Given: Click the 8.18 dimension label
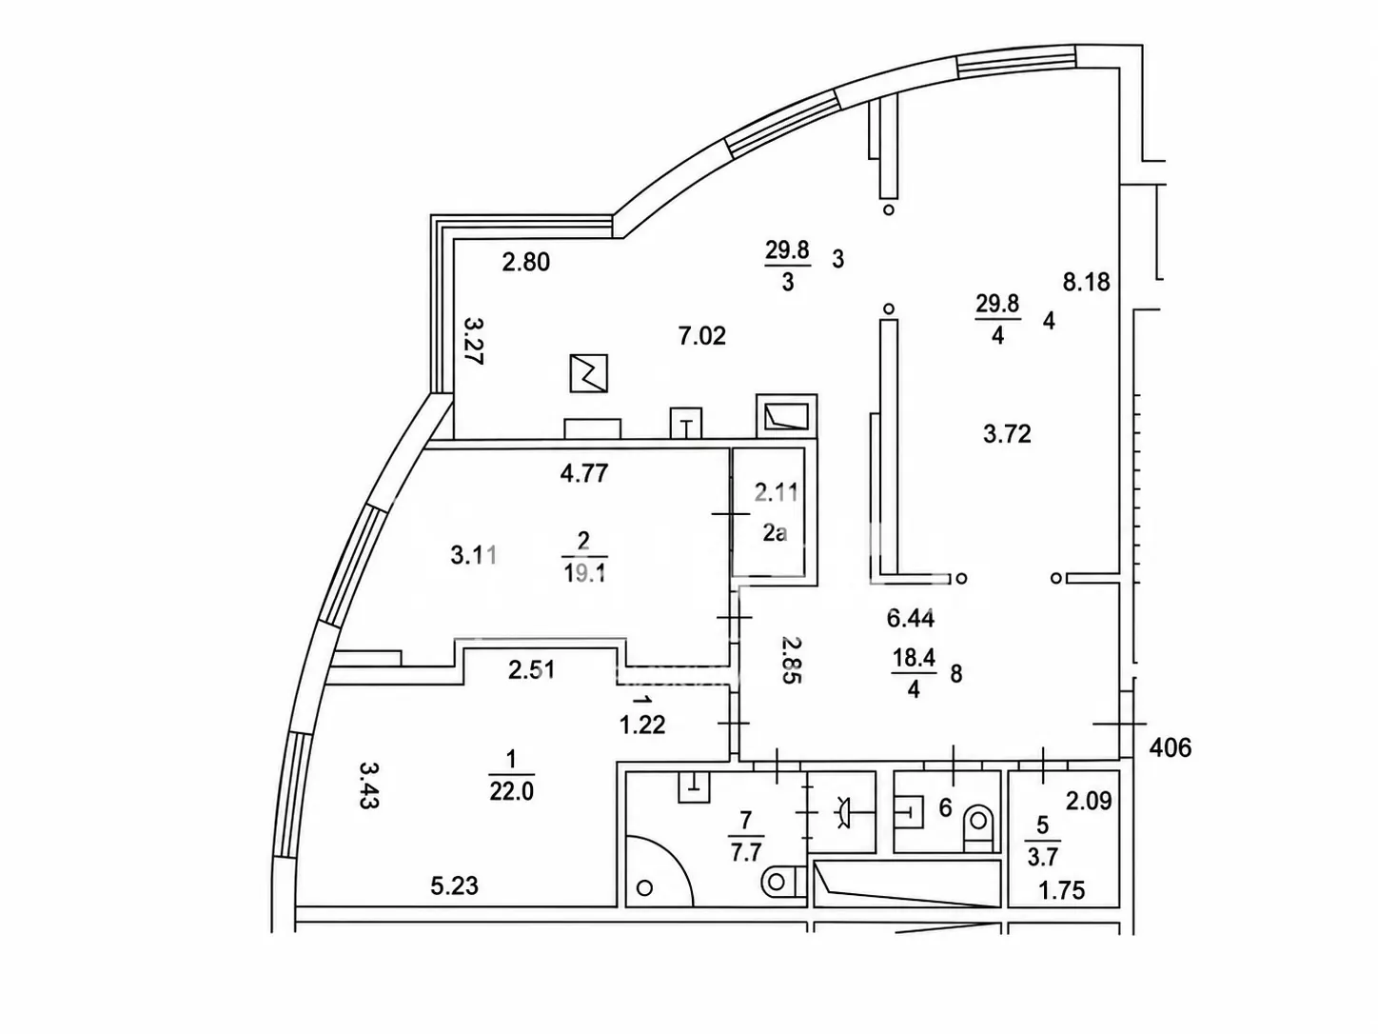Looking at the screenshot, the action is pos(1086,282).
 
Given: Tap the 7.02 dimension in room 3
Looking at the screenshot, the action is pos(702,336).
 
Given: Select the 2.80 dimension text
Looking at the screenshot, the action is pos(526,262).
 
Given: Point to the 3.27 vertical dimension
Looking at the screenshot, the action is pos(473,341).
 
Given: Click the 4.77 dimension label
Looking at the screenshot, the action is pos(584,473).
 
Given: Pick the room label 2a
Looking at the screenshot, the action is pos(775,533).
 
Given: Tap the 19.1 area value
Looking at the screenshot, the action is pos(584,573).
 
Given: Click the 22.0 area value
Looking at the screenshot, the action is pos(512,791).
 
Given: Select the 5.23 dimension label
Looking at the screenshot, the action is pos(455,885).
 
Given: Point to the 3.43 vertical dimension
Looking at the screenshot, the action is pos(369,785).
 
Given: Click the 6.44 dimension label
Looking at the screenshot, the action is pos(911,618).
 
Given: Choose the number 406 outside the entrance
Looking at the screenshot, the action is pos(1171,747).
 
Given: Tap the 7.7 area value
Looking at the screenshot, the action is pos(746,853).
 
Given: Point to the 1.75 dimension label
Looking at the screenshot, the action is pos(1062,890).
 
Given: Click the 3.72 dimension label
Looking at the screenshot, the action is pos(1007,434).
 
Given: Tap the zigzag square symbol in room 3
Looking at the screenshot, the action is pos(589,373).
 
